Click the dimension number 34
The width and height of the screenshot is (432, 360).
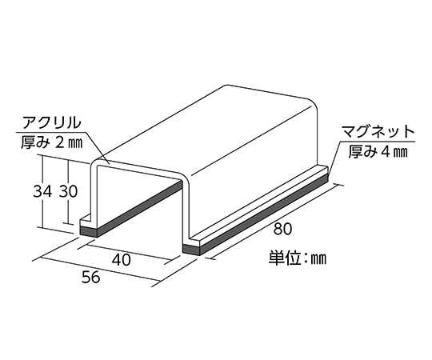tap(42, 191)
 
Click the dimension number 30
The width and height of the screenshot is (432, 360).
tap(69, 191)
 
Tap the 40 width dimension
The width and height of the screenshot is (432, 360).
tap(122, 259)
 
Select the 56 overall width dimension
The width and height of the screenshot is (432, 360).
tap(90, 277)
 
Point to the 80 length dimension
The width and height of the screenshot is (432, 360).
tap(282, 229)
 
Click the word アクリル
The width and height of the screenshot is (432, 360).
tap(52, 123)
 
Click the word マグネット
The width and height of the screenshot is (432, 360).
tap(378, 132)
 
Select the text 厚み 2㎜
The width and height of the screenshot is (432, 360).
tap(51, 142)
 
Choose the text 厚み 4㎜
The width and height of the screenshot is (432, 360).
tap(378, 151)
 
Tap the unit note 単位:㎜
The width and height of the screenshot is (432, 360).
tap(298, 258)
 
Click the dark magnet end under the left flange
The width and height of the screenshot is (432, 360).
tap(89, 231)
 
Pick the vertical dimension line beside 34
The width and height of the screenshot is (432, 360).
tap(43, 191)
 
